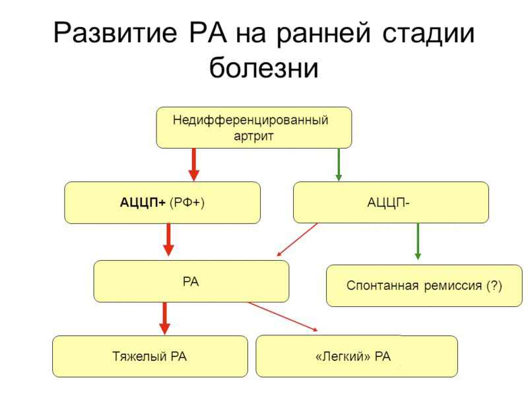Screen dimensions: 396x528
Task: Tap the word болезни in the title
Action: (x=264, y=68)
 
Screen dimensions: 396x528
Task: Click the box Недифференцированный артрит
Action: (x=253, y=127)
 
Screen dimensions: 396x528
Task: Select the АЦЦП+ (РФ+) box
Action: (x=162, y=203)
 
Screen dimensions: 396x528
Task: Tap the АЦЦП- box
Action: (x=391, y=203)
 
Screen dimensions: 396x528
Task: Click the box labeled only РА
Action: (x=191, y=281)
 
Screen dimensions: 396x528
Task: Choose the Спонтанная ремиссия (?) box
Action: (x=424, y=286)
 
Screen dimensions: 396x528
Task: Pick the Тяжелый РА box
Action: (x=150, y=356)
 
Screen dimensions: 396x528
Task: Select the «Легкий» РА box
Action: (x=356, y=356)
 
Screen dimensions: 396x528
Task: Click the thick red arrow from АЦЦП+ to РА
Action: (x=168, y=240)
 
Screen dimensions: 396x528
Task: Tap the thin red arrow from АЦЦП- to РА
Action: (x=297, y=239)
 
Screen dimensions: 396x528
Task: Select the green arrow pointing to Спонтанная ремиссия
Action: (x=417, y=241)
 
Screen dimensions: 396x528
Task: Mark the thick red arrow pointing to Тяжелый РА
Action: (x=165, y=318)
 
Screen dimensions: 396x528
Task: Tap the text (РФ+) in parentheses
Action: (x=187, y=203)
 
